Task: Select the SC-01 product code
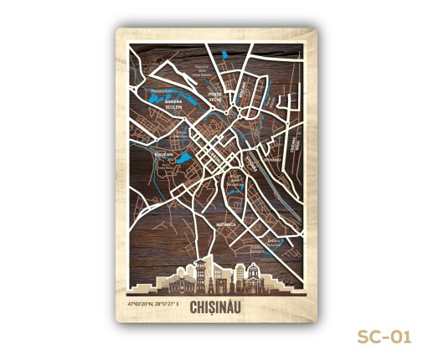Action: coord(384,337)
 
